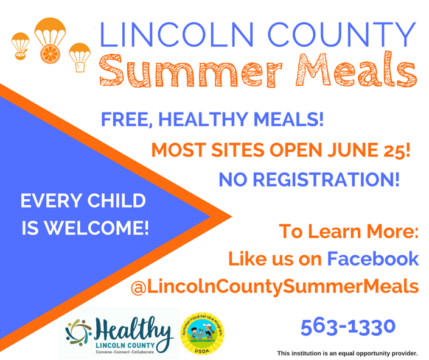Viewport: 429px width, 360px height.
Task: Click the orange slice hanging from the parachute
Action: pos(50,54)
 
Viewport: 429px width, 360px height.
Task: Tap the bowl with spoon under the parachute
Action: pos(21,55)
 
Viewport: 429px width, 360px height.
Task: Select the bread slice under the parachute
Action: pos(80,67)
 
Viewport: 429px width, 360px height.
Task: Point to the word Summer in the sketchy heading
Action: pos(190,71)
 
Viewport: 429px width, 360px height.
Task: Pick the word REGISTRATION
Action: pos(326,180)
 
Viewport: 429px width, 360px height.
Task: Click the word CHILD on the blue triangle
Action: pos(116,200)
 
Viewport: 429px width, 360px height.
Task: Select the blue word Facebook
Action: pos(373,258)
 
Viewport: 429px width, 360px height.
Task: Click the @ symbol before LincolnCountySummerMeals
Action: pos(139,288)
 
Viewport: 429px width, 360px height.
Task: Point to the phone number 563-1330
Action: pos(348,327)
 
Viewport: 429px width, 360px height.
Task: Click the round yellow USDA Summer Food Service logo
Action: pos(202,334)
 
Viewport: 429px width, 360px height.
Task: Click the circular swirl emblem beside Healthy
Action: pos(78,333)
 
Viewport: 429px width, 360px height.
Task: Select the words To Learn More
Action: pos(349,231)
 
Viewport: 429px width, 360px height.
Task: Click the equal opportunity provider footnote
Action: pos(347,353)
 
